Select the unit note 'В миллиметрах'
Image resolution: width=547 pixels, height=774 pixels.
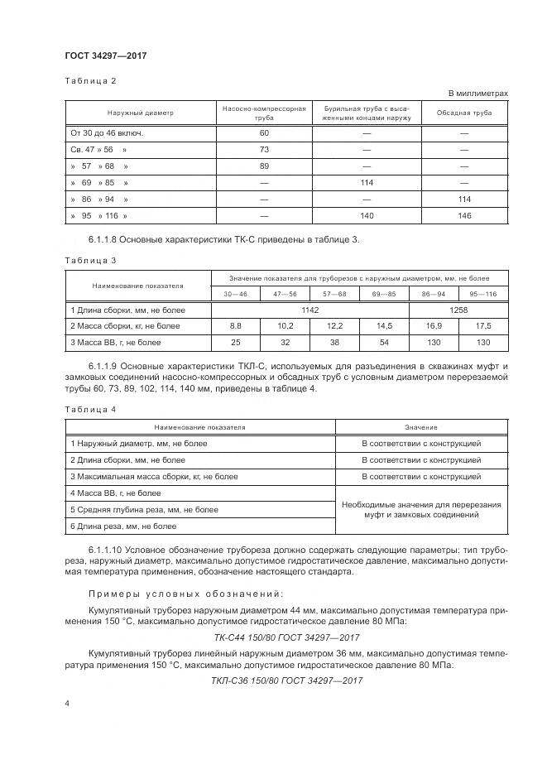(478, 94)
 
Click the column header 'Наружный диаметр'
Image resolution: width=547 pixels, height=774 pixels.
(139, 113)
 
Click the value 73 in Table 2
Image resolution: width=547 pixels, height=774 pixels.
(264, 149)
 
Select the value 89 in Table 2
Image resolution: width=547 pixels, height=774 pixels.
(264, 166)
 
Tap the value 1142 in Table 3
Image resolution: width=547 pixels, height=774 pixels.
(310, 310)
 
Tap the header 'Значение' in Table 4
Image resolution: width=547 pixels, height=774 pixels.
(421, 427)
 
